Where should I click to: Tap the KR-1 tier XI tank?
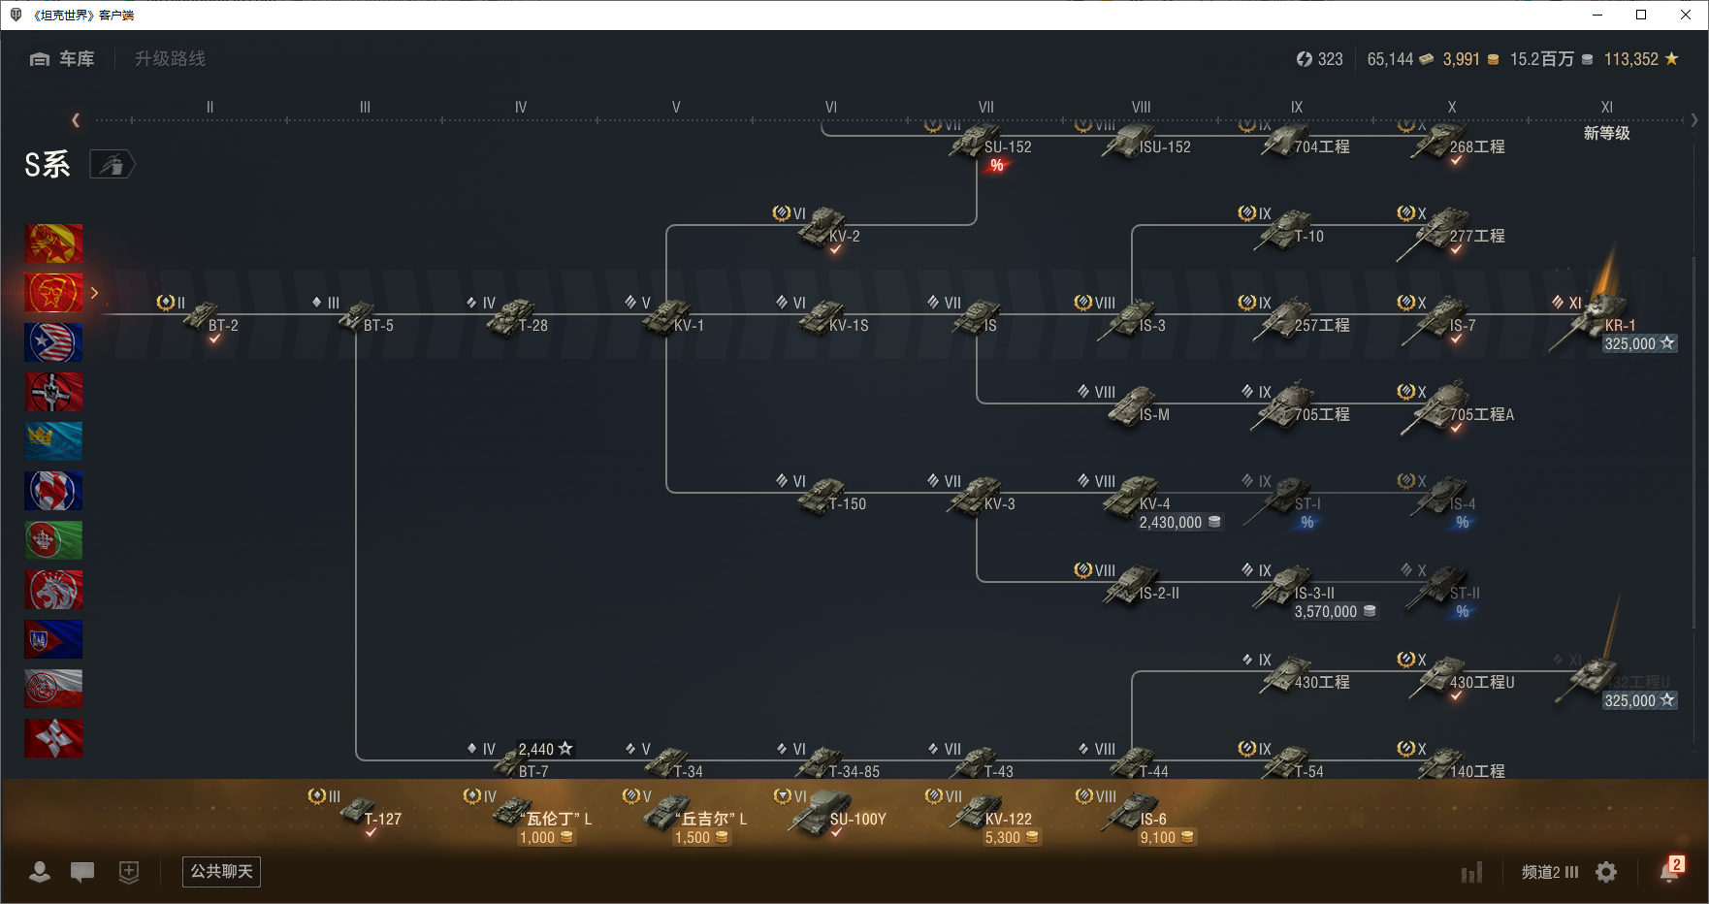click(x=1600, y=316)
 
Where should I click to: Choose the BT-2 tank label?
click(x=223, y=326)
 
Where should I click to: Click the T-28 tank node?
click(x=514, y=317)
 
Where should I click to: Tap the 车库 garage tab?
click(x=63, y=59)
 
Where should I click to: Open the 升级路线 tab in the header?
click(x=170, y=59)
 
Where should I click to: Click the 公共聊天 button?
click(x=221, y=871)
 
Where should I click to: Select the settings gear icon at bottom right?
click(x=1606, y=872)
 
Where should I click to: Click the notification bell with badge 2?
click(x=1669, y=871)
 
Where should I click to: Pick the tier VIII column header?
click(x=1141, y=108)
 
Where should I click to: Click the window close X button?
click(x=1686, y=15)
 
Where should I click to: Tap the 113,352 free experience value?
click(x=1631, y=59)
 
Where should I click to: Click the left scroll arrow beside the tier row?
click(x=76, y=120)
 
